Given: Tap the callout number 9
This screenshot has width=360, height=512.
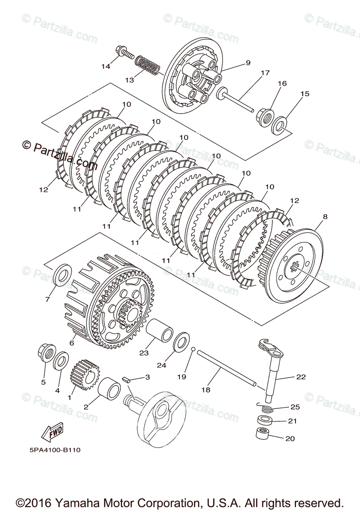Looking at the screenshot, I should [248, 63].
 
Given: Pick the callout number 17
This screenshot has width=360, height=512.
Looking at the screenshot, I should [265, 73].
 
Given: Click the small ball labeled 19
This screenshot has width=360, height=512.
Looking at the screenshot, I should [193, 349].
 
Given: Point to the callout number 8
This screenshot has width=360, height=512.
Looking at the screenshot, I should [325, 217].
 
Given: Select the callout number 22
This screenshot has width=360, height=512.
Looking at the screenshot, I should [301, 377].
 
